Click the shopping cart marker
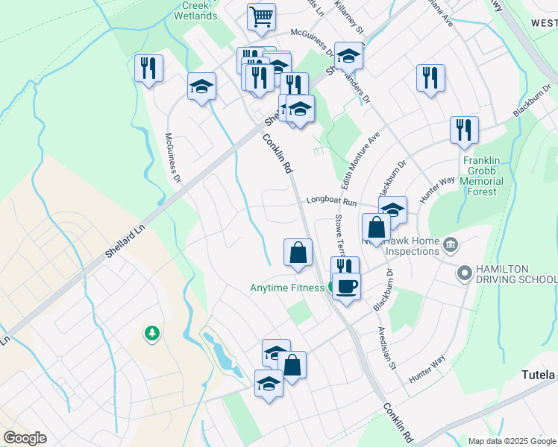pos(261,16)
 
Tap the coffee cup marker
pos(345,286)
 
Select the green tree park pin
pos(152,333)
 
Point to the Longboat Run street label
pos(332,201)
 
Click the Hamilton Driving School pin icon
pos(465,274)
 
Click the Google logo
pos(25,438)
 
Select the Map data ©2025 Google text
pos(512,441)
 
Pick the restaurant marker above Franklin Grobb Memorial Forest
pos(464,130)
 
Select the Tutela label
pos(538,375)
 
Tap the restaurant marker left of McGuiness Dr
pos(148,69)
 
